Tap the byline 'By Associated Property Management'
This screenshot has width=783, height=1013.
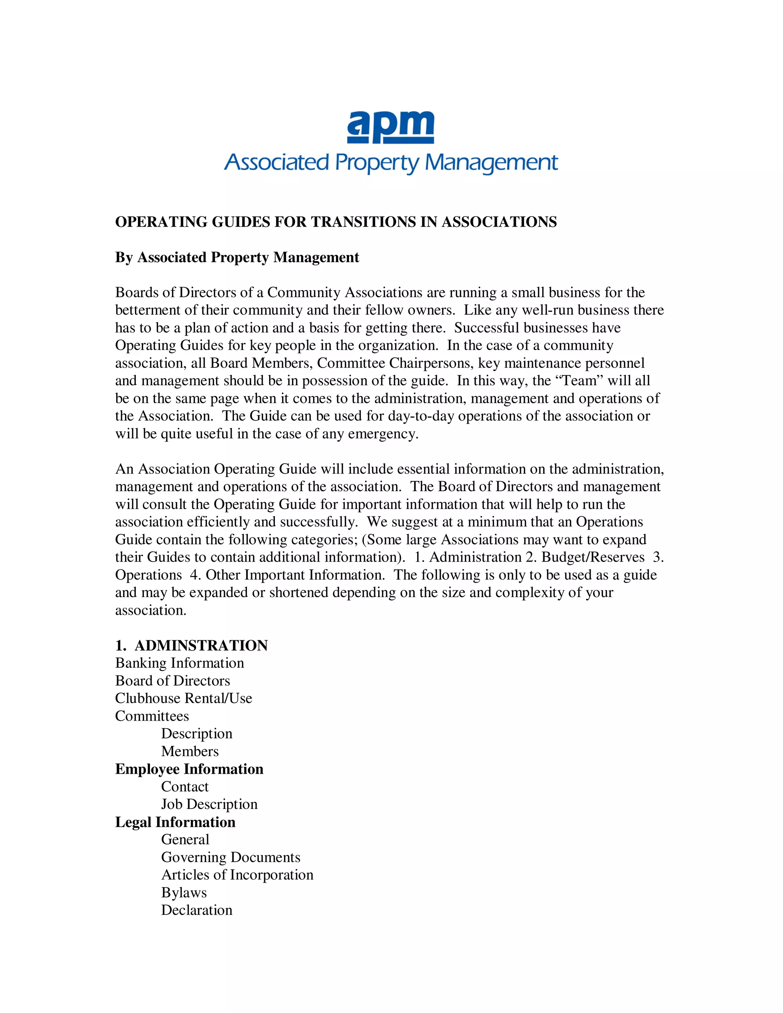point(237,257)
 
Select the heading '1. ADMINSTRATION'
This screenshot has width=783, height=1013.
point(191,645)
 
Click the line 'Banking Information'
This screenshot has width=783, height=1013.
point(180,663)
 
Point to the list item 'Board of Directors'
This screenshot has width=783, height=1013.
point(172,680)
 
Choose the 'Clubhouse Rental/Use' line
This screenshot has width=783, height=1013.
point(184,698)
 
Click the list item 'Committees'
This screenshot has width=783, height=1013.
point(152,716)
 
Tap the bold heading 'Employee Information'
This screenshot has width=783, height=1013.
point(189,769)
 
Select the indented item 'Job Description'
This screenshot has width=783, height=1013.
point(209,804)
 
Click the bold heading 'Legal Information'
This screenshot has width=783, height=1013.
point(175,822)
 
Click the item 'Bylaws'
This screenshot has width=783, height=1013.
point(184,893)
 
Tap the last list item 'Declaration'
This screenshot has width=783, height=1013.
point(197,910)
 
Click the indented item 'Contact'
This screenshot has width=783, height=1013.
point(185,787)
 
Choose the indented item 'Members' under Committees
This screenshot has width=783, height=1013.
point(190,752)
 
